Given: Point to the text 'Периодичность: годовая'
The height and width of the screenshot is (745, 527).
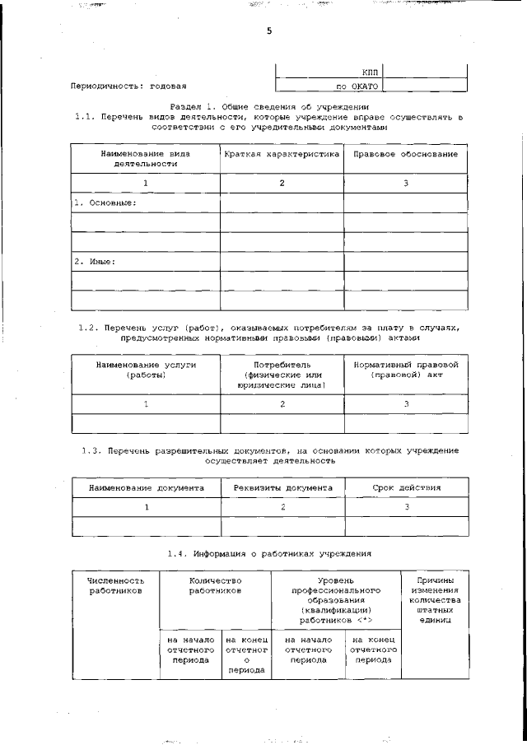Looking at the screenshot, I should pos(128,86).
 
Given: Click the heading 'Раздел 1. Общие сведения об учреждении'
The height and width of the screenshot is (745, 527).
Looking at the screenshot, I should pos(269,108).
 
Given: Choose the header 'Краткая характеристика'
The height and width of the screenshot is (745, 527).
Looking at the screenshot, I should pos(282,154).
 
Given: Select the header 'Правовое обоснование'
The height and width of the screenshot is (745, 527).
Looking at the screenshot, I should pos(405,154).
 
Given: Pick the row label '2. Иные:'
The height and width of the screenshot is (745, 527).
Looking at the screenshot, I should pos(95,262).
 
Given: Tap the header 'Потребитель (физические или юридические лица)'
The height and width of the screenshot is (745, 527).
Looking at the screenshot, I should pos(282,375).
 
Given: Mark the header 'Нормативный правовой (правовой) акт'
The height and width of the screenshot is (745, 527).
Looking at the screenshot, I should pos(405,370).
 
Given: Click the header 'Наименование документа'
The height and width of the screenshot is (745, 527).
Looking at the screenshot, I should pos(146,488).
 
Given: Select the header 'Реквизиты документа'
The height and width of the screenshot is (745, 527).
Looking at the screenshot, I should pos(282,488).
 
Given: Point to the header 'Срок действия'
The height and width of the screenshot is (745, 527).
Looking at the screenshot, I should pos(405,488).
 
